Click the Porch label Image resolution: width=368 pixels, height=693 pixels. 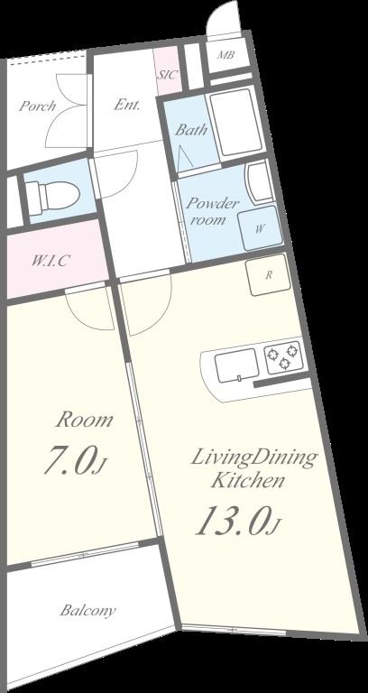tap(37, 106)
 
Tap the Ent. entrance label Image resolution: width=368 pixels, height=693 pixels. tap(127, 105)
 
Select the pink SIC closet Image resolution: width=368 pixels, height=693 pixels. tap(168, 74)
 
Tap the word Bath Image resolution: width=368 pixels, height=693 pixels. tap(190, 130)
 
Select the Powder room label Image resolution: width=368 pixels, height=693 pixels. tap(212, 211)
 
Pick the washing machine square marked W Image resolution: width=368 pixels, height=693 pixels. tap(260, 228)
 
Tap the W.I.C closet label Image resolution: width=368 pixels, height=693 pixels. tap(51, 261)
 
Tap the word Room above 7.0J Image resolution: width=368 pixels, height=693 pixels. tap(85, 420)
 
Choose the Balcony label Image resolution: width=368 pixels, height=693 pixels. tap(87, 611)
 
